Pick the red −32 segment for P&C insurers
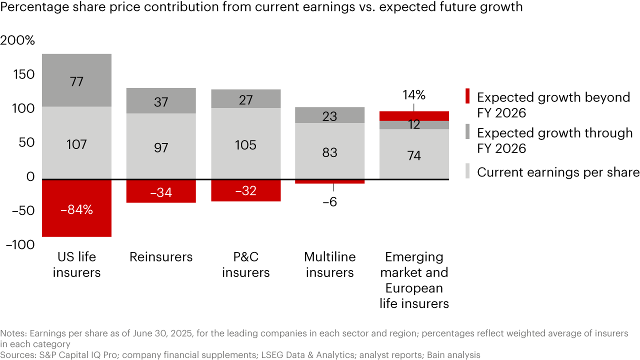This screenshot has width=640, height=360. click(x=245, y=190)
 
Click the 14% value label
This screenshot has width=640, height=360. click(x=414, y=95)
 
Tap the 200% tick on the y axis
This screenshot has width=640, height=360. click(x=17, y=40)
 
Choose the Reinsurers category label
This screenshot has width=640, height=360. click(x=161, y=257)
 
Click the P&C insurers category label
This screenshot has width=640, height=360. click(x=245, y=264)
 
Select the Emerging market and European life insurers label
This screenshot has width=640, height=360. click(x=414, y=280)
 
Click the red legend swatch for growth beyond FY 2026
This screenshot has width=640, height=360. click(x=468, y=96)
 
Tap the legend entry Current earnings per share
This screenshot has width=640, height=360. click(x=558, y=172)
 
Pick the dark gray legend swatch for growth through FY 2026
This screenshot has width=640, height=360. click(x=468, y=132)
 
